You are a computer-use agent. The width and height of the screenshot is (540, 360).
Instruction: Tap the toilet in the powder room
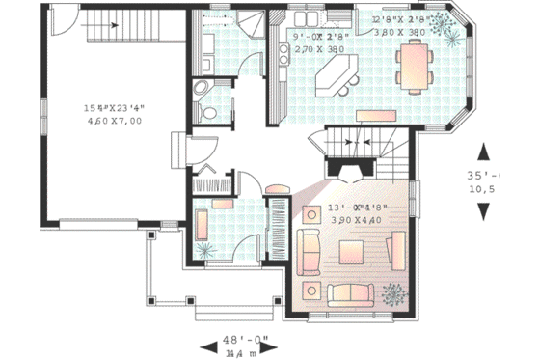pos(198,90)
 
